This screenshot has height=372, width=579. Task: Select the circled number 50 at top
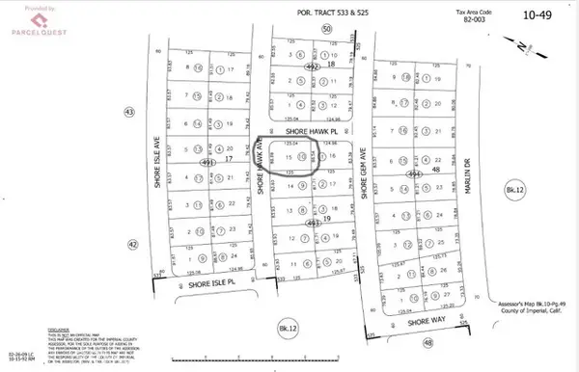click(x=327, y=30)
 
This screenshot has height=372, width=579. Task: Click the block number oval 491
click(x=207, y=163)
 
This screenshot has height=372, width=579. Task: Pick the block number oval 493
click(x=312, y=223)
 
